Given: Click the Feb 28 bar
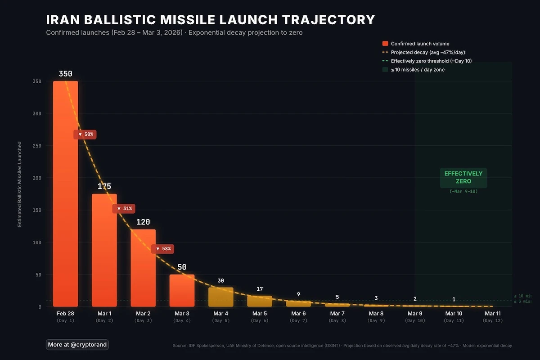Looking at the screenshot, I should [x=65, y=193].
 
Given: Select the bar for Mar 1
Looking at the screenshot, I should [x=104, y=250].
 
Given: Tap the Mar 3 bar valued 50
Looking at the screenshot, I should [x=182, y=290].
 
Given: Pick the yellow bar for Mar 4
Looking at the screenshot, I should [x=220, y=297].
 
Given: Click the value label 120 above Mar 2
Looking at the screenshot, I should [x=143, y=222].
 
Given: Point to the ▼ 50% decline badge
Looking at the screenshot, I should [x=85, y=134].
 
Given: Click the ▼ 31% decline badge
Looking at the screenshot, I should [x=124, y=208].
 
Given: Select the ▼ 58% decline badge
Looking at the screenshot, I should [x=162, y=248].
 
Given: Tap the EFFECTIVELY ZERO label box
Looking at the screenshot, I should [x=463, y=177].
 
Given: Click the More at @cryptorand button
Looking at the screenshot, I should [x=77, y=345].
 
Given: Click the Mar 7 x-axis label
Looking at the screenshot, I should [x=337, y=313].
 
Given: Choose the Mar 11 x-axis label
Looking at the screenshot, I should [x=492, y=313].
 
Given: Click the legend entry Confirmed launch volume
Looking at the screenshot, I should [x=420, y=44].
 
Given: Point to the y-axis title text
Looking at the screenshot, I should [x=19, y=184].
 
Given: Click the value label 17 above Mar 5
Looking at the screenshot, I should [x=260, y=289].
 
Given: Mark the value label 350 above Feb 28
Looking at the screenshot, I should [x=65, y=74].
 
